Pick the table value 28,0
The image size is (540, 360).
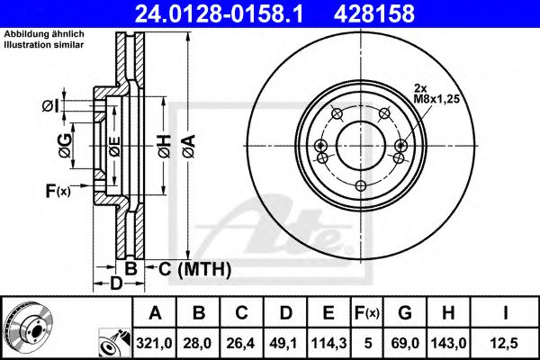(199, 342)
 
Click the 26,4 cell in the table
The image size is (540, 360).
(242, 342)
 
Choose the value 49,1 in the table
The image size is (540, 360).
(285, 342)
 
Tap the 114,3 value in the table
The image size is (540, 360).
(329, 342)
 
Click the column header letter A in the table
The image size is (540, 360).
(156, 314)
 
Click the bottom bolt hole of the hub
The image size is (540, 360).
(360, 185)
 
